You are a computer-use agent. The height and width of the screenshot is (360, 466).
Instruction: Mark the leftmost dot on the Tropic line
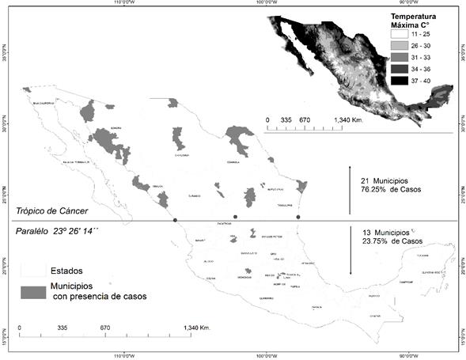(175, 218)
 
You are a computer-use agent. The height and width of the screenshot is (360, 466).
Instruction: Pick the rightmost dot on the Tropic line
(298, 217)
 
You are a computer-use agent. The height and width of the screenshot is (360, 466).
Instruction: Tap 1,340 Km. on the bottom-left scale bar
(194, 327)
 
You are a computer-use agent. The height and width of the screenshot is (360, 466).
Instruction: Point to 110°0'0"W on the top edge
(129, 3)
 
